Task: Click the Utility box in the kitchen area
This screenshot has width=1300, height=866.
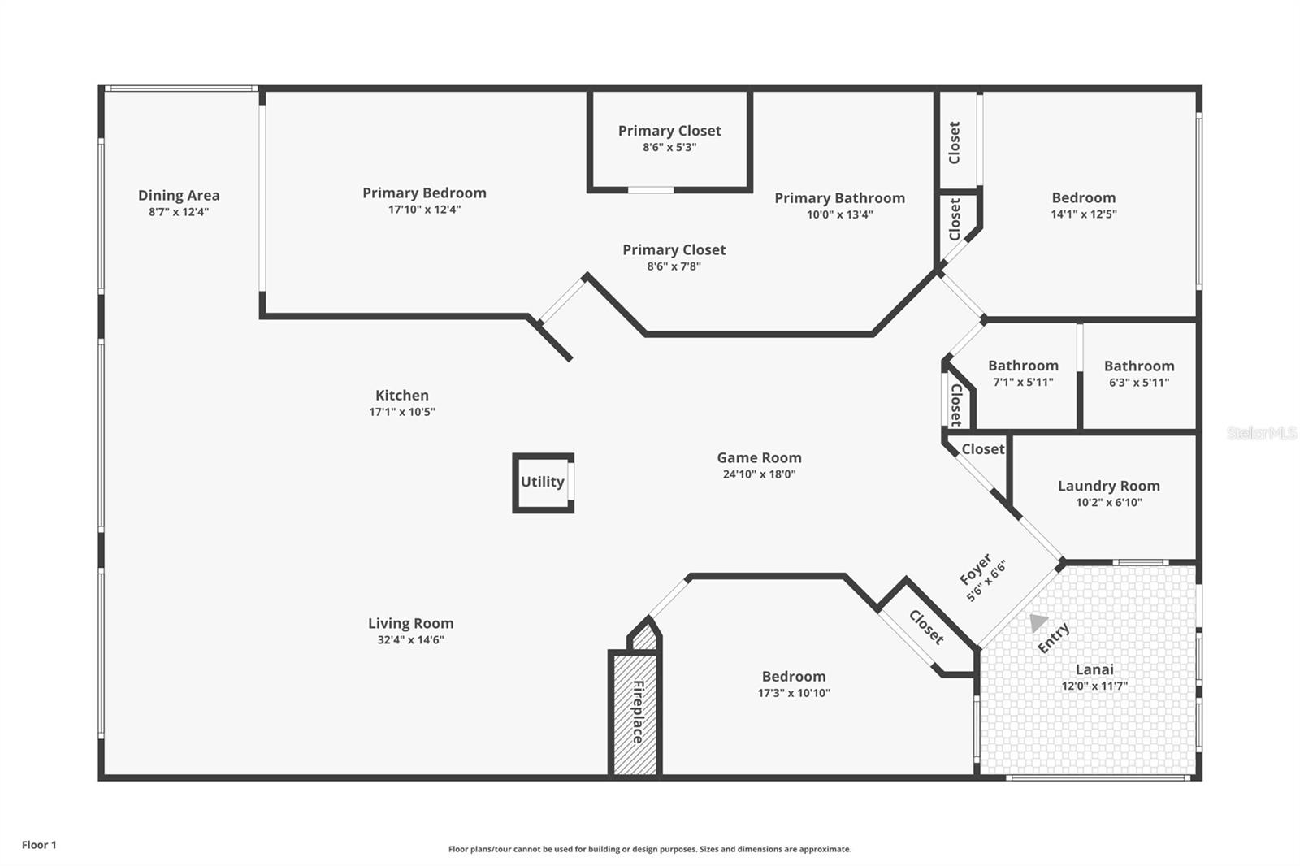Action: click(543, 483)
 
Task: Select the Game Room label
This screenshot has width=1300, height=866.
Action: click(759, 457)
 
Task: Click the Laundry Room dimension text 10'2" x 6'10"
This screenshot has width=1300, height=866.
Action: click(1108, 503)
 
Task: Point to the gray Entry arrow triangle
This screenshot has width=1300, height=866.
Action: click(1037, 622)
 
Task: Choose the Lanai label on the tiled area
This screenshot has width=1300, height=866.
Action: click(1094, 669)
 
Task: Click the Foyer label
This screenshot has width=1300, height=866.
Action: click(976, 569)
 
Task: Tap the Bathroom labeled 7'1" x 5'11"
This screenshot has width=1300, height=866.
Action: click(1023, 366)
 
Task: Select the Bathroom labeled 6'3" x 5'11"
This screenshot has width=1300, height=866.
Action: click(1138, 366)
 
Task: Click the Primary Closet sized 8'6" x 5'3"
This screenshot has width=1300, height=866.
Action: click(669, 131)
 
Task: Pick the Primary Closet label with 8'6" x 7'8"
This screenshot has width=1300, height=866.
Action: click(674, 250)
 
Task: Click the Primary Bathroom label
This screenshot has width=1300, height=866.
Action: click(839, 198)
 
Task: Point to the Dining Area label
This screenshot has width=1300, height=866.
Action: click(179, 195)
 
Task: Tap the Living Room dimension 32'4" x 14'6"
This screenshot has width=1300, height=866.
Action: click(410, 640)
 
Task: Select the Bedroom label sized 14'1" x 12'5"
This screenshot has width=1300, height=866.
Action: click(1083, 197)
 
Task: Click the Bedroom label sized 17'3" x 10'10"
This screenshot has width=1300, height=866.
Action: click(793, 677)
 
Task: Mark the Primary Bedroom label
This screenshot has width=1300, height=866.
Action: click(424, 193)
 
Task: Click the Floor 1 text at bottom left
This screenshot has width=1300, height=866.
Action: click(39, 845)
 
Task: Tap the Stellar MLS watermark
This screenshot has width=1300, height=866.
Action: click(1261, 433)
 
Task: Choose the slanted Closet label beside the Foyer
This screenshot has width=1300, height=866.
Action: click(927, 627)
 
